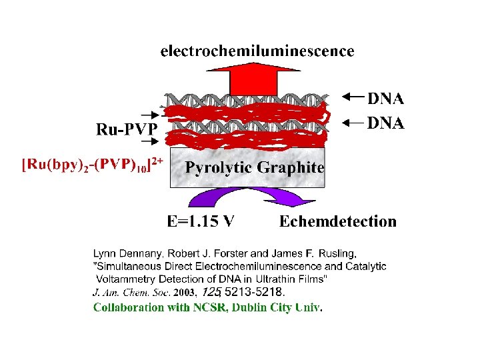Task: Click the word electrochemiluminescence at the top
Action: click(257, 51)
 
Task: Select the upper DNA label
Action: click(386, 99)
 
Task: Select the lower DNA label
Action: click(386, 123)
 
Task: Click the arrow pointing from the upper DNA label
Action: click(354, 97)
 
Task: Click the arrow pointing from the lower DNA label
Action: click(354, 122)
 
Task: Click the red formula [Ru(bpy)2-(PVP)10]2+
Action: click(93, 165)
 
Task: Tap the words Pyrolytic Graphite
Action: click(255, 167)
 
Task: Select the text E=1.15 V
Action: click(200, 221)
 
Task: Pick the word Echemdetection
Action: click(338, 221)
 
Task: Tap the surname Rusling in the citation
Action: click(337, 253)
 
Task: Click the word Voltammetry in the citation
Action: click(125, 278)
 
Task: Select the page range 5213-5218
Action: click(254, 292)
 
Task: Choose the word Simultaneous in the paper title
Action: click(127, 266)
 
